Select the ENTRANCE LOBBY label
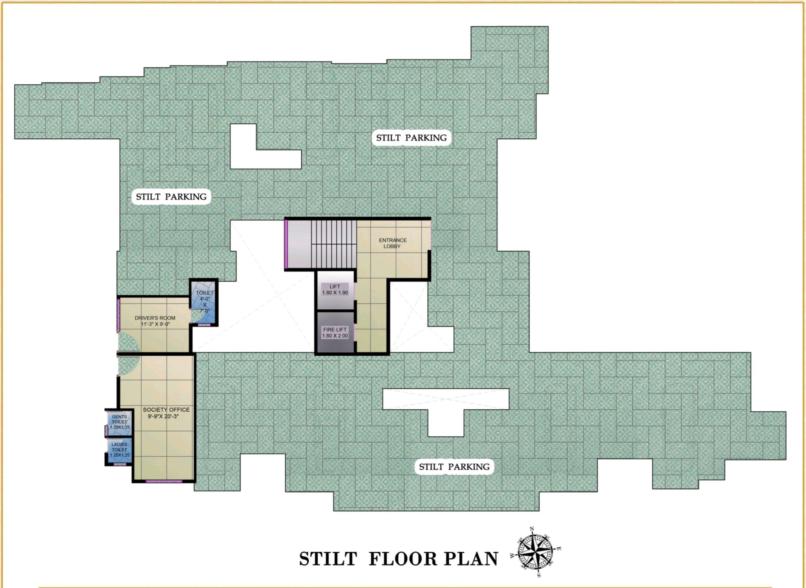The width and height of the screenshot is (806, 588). coord(392,243)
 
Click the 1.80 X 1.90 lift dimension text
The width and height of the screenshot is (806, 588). coord(335,292)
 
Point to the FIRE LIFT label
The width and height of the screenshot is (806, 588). coord(335,330)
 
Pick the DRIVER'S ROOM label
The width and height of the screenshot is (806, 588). coord(155,318)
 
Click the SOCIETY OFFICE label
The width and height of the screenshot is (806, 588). coord(166,410)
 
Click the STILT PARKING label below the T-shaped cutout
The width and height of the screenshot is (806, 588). coord(454,467)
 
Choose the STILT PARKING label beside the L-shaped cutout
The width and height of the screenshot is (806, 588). coord(411,138)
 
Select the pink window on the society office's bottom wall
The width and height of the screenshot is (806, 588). coord(164,481)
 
